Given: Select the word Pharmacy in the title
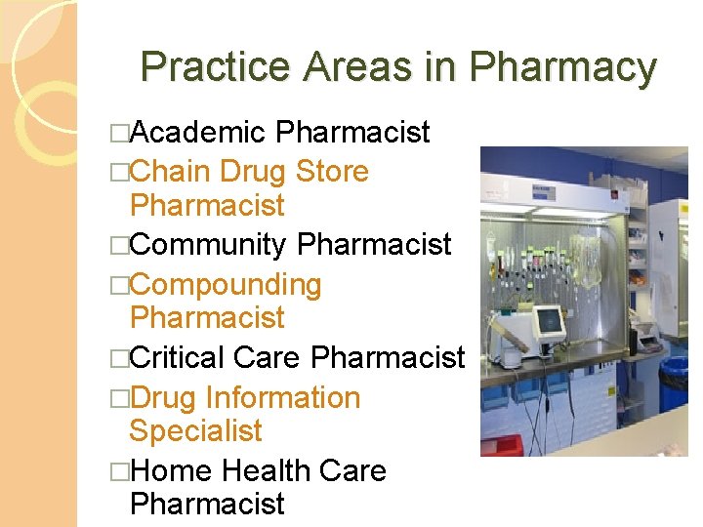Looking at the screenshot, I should click(x=563, y=67).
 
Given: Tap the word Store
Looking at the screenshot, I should click(x=332, y=172).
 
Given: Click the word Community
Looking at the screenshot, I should click(x=208, y=244).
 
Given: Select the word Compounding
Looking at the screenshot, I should click(x=226, y=285).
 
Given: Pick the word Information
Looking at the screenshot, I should click(x=282, y=398).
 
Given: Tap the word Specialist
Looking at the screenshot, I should click(x=196, y=430).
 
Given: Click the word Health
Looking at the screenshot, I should click(x=263, y=471).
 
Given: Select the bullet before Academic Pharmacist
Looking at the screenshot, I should click(x=119, y=133).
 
